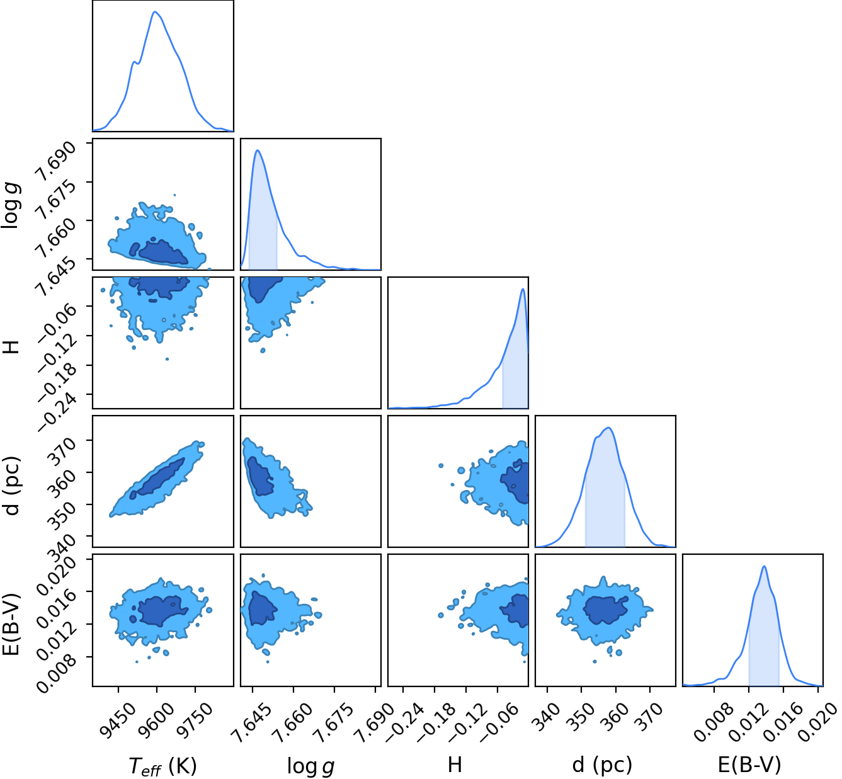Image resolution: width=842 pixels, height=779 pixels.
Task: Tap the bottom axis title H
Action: pyautogui.click(x=455, y=765)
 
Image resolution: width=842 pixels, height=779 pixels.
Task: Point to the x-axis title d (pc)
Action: pyautogui.click(x=602, y=765)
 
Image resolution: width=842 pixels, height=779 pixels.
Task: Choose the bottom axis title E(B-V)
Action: pyautogui.click(x=749, y=765)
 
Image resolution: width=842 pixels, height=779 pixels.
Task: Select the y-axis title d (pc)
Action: pyautogui.click(x=12, y=486)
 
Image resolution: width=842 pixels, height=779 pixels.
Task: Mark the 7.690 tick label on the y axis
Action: pyautogui.click(x=55, y=161)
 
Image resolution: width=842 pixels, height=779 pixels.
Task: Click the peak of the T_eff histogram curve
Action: pyautogui.click(x=155, y=11)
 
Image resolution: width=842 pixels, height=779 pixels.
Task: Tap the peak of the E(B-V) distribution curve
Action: pyautogui.click(x=764, y=566)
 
